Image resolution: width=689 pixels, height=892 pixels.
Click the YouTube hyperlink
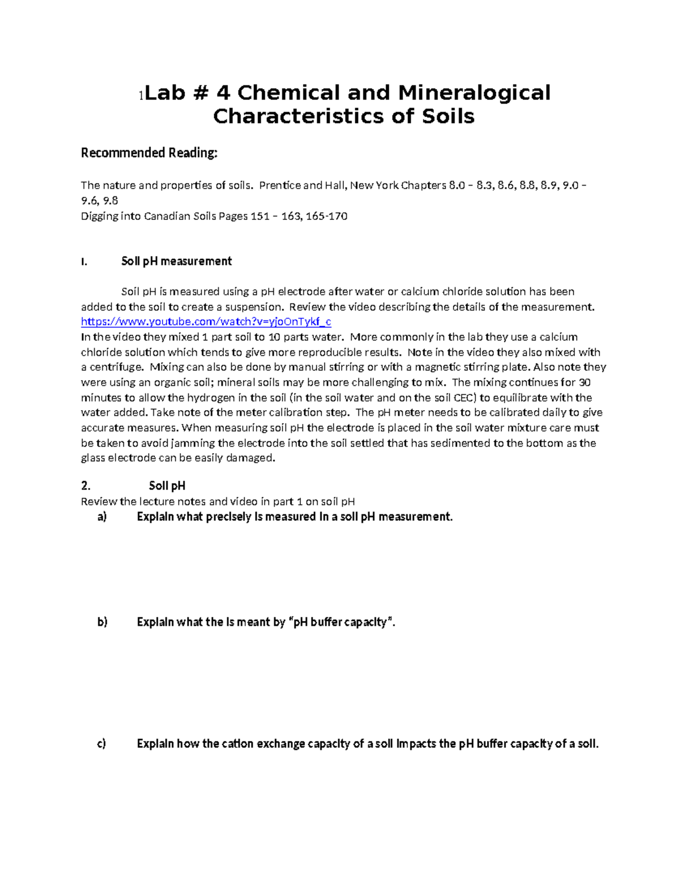click(x=206, y=322)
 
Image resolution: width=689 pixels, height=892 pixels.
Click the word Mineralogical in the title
click(x=474, y=92)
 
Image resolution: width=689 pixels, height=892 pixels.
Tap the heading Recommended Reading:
click(x=149, y=153)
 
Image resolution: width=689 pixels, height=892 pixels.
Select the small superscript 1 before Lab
click(x=141, y=95)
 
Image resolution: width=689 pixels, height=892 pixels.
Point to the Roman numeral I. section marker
click(x=84, y=262)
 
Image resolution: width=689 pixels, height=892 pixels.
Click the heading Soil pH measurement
click(x=176, y=261)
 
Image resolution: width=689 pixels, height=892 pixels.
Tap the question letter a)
click(x=102, y=517)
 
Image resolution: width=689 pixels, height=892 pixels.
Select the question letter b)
click(x=102, y=622)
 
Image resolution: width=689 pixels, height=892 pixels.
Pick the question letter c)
click(x=102, y=744)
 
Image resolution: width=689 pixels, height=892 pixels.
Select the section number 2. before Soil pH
click(x=86, y=486)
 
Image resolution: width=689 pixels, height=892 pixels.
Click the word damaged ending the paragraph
click(x=250, y=458)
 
